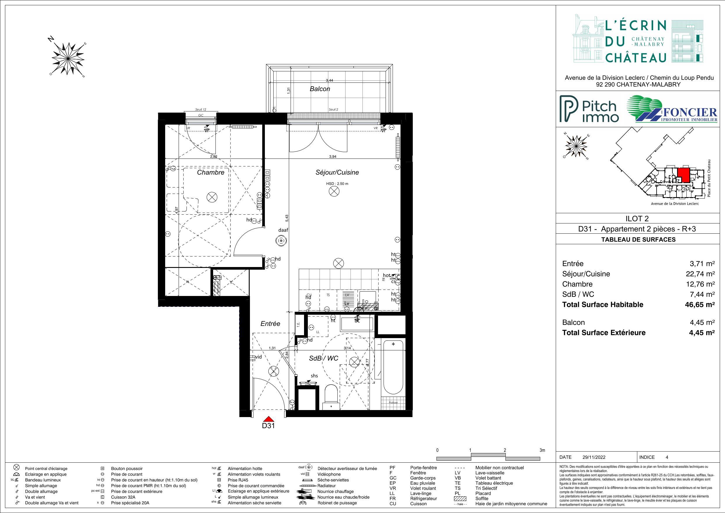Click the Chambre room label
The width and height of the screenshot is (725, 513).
210,173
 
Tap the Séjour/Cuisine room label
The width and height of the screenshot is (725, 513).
337,173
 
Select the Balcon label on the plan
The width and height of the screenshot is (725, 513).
320,89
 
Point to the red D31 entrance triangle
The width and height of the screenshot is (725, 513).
268,419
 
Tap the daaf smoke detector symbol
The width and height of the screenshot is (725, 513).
281,241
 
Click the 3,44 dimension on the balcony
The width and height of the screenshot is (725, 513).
329,80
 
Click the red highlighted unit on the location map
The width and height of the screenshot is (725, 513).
683,174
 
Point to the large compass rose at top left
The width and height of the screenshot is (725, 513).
68,59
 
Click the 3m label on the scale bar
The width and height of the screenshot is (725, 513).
542,450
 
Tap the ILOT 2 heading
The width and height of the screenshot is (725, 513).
637,218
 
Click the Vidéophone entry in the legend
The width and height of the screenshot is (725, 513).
329,474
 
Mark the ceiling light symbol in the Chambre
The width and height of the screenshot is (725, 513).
212,197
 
